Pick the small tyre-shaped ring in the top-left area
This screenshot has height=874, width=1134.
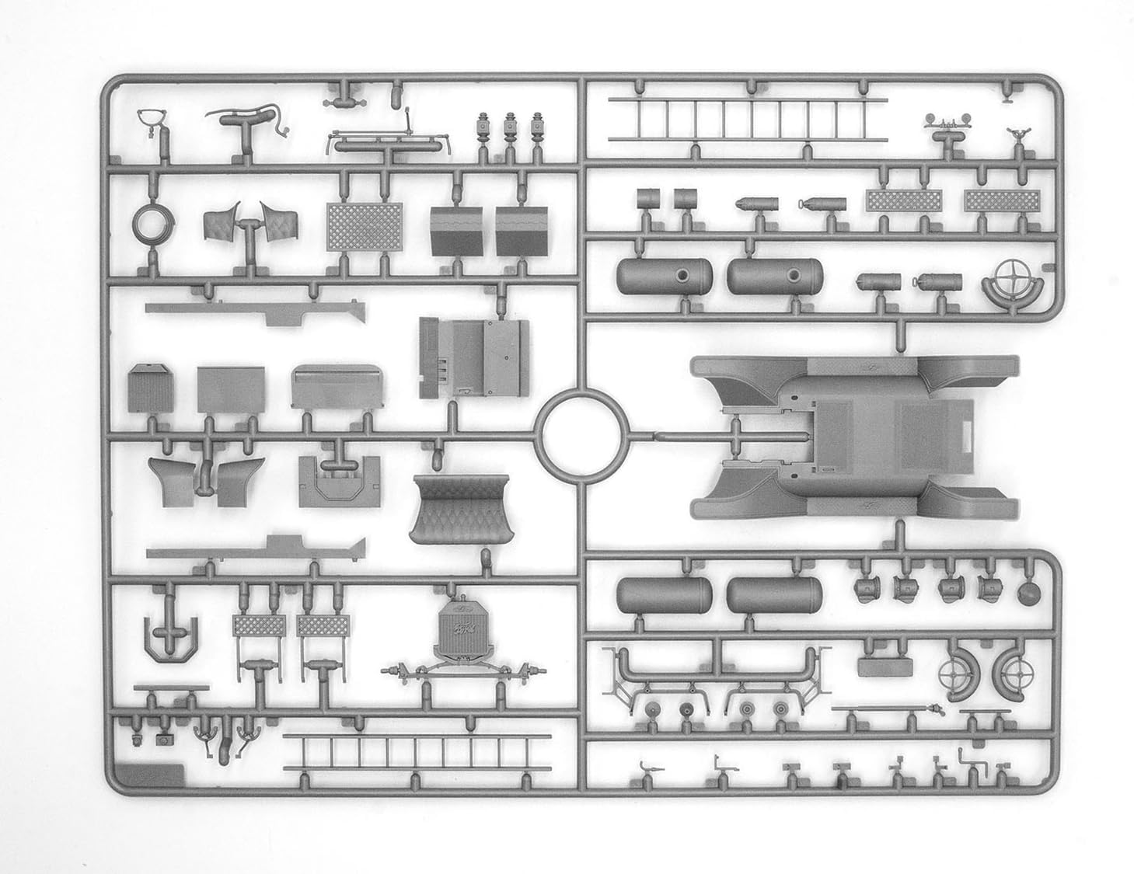[147, 225]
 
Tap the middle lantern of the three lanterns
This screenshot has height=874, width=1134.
[511, 127]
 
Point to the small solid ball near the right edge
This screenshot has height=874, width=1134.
[1028, 594]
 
